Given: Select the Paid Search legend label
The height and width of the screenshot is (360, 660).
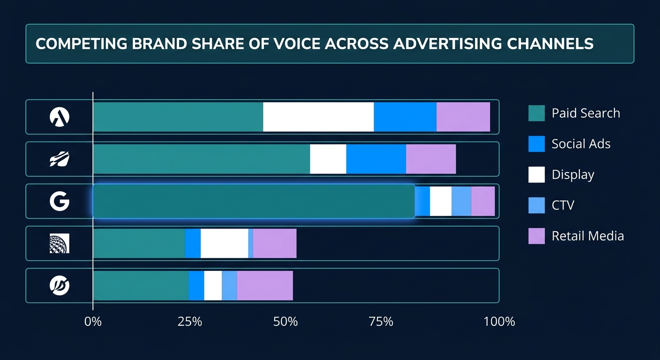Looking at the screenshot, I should [585, 113].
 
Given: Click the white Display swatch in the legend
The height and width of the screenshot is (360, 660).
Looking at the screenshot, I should [536, 174].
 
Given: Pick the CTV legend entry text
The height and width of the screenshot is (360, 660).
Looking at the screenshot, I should [562, 205].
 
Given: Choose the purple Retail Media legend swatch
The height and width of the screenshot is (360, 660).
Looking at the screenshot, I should [536, 235].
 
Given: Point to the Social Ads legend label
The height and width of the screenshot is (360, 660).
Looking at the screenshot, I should [581, 144].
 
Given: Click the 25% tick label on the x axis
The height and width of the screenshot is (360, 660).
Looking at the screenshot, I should [190, 322].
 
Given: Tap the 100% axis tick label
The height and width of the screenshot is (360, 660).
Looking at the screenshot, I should [499, 322].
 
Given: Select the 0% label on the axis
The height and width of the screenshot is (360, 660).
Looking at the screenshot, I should [93, 322].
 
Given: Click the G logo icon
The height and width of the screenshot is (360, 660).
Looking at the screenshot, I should [59, 201].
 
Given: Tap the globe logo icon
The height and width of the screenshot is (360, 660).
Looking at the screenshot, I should [59, 243].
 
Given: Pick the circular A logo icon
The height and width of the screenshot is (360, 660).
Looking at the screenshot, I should [59, 117].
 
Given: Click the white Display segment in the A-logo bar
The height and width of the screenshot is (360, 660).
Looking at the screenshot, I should [318, 117].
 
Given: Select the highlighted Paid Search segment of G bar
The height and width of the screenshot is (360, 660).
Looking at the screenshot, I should [254, 201].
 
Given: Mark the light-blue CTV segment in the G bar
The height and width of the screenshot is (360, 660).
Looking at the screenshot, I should [461, 201].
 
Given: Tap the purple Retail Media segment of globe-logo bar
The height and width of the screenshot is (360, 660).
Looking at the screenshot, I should [275, 243].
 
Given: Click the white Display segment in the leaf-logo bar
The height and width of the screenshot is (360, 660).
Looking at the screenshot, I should [213, 285].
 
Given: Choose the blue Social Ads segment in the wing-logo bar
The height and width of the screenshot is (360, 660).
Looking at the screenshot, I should [376, 159].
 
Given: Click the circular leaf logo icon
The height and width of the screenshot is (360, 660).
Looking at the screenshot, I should [59, 285].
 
